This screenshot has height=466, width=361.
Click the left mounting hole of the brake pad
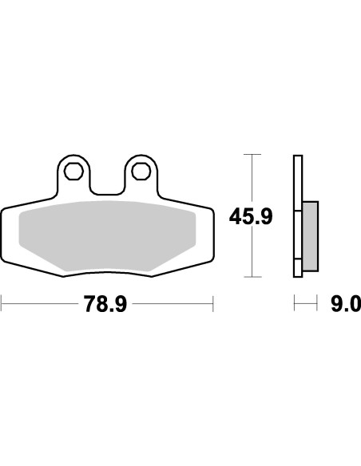(74, 170)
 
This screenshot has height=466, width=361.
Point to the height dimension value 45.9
(248, 216)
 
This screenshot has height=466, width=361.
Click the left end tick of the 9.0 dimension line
(294, 303)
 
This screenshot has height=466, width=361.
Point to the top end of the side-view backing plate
(297, 156)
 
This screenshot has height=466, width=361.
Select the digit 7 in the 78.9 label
(89, 304)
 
